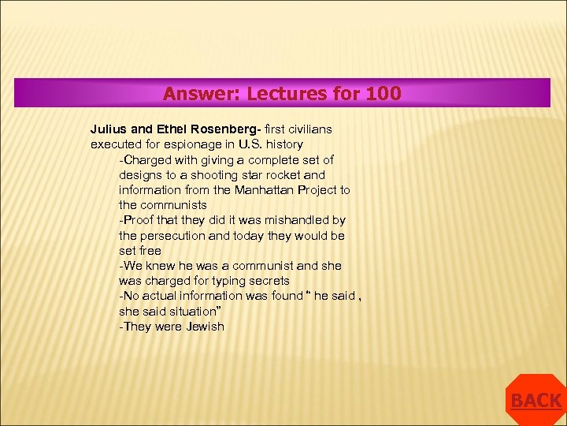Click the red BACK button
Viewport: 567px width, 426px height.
535,401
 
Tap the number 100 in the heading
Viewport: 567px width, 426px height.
383,94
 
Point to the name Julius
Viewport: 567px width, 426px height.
109,129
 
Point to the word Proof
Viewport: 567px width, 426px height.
139,220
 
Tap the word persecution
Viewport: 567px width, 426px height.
176,235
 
